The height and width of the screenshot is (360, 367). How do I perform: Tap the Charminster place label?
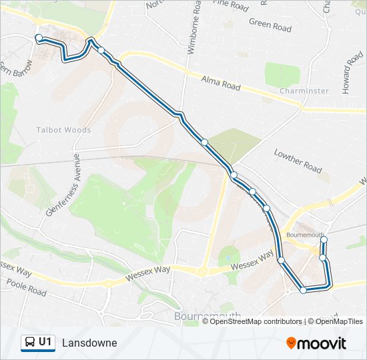[x=304, y=91]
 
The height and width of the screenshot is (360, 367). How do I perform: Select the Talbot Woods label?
[x=64, y=130]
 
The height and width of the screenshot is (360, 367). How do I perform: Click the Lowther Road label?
[x=298, y=161]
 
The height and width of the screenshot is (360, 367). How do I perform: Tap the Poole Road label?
[x=26, y=288]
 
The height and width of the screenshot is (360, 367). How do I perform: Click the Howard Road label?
[x=354, y=74]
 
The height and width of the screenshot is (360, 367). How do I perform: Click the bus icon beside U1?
[x=29, y=343]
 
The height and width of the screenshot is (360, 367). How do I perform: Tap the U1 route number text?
[x=45, y=342]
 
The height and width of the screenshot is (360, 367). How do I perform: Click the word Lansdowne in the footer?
[x=89, y=343]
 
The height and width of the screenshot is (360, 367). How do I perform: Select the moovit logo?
[x=316, y=343]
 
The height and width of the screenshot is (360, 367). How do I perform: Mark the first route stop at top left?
[x=39, y=38]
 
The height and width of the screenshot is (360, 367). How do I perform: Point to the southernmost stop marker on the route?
[x=304, y=290]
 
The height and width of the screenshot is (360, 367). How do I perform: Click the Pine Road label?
[x=231, y=5]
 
